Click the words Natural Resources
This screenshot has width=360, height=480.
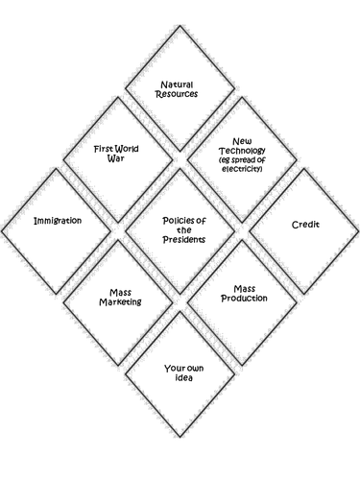[x=180, y=89]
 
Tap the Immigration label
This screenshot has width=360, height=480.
[x=57, y=220]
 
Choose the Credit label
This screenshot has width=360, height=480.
[x=305, y=225]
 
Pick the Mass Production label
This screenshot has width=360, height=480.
[x=250, y=292]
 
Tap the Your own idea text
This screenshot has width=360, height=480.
[x=180, y=372]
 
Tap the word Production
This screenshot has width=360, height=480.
[x=250, y=298]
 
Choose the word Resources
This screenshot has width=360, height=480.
[x=180, y=95]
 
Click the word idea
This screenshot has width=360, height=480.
[x=180, y=377]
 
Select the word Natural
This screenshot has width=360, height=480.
[x=180, y=84]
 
